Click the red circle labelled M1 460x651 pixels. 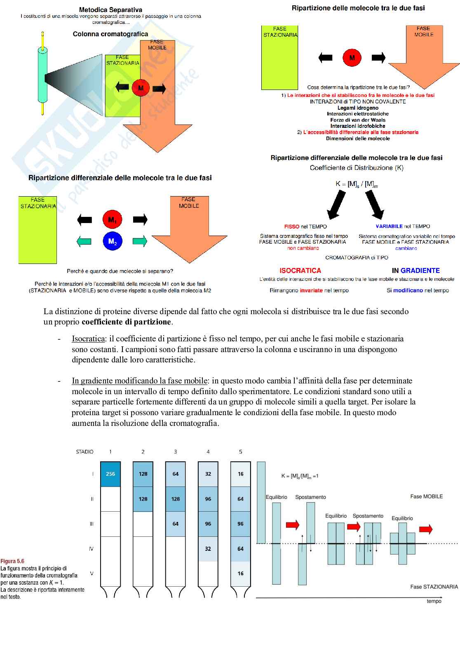click(x=112, y=220)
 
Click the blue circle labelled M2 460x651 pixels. click(x=112, y=241)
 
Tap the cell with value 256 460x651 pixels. click(x=110, y=474)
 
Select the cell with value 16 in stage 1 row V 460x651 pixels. click(x=241, y=573)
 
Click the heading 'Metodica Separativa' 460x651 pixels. click(x=110, y=9)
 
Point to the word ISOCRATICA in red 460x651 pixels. click(x=300, y=270)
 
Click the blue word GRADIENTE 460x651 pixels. click(x=420, y=270)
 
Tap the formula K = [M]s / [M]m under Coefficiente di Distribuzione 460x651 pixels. click(x=357, y=184)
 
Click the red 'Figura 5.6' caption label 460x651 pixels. click(x=12, y=561)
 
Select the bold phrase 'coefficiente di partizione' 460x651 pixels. click(x=126, y=322)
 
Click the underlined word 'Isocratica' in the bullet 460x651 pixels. click(x=88, y=338)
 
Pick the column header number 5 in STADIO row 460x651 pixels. click(x=241, y=452)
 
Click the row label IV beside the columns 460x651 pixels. click(x=91, y=549)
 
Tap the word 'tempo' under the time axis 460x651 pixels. click(x=434, y=601)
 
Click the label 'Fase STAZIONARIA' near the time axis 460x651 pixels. click(x=434, y=587)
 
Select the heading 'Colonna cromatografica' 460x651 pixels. click(x=110, y=34)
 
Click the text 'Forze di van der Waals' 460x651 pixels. click(x=358, y=120)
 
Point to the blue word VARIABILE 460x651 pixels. click(x=389, y=226)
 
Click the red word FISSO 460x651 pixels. click(x=292, y=226)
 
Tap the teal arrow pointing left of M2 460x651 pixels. click(x=84, y=241)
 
